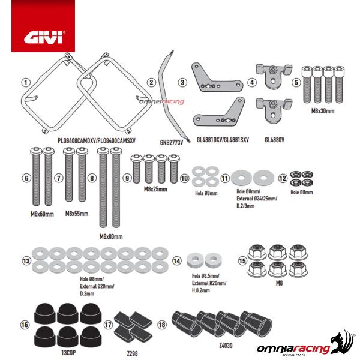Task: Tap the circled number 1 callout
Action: click(25, 82)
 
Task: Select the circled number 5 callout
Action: click(296, 82)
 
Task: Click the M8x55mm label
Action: click(77, 213)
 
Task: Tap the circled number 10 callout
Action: click(185, 178)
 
